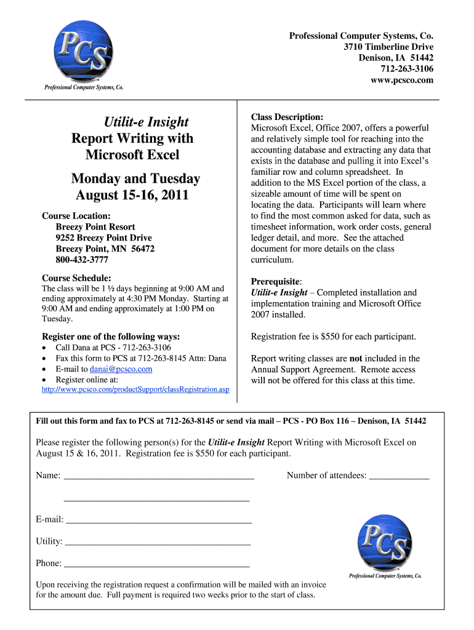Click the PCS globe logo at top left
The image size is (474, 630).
(x=84, y=54)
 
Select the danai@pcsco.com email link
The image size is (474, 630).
(x=121, y=369)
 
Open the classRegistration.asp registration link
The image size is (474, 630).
(x=135, y=389)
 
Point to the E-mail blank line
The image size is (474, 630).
(x=159, y=522)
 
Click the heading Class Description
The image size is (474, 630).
(x=287, y=117)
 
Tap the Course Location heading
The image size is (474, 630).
(x=76, y=216)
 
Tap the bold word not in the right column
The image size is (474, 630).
(x=356, y=358)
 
